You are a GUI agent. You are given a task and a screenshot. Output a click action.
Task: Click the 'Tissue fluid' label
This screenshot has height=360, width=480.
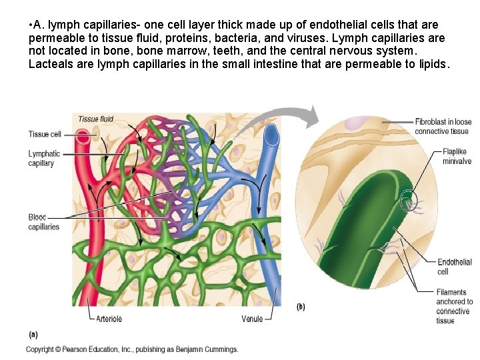tap(96, 119)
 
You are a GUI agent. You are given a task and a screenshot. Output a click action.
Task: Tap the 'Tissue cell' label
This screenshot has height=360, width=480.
tap(45, 134)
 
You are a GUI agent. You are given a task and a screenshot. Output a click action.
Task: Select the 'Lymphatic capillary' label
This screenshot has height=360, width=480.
tap(44, 158)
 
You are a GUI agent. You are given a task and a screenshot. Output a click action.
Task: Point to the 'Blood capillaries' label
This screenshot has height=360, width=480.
tap(44, 222)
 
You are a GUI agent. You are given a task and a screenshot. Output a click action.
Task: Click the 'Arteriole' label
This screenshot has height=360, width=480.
tap(109, 319)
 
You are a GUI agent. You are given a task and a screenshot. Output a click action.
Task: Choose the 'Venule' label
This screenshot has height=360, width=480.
tap(252, 319)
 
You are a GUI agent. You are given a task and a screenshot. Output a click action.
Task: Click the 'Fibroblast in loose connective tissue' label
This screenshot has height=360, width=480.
tap(443, 127)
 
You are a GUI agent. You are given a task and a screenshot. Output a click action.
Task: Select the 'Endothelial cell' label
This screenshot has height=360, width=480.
tap(454, 267)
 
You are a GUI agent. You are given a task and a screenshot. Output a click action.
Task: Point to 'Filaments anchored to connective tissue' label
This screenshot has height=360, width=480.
tap(454, 306)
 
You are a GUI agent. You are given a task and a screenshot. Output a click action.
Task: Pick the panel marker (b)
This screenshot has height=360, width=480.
tap(301, 307)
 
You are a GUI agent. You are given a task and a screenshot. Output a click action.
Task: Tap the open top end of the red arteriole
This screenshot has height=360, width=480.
tap(82, 137)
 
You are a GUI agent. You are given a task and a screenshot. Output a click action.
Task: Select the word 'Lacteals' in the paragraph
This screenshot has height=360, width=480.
tap(51, 65)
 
